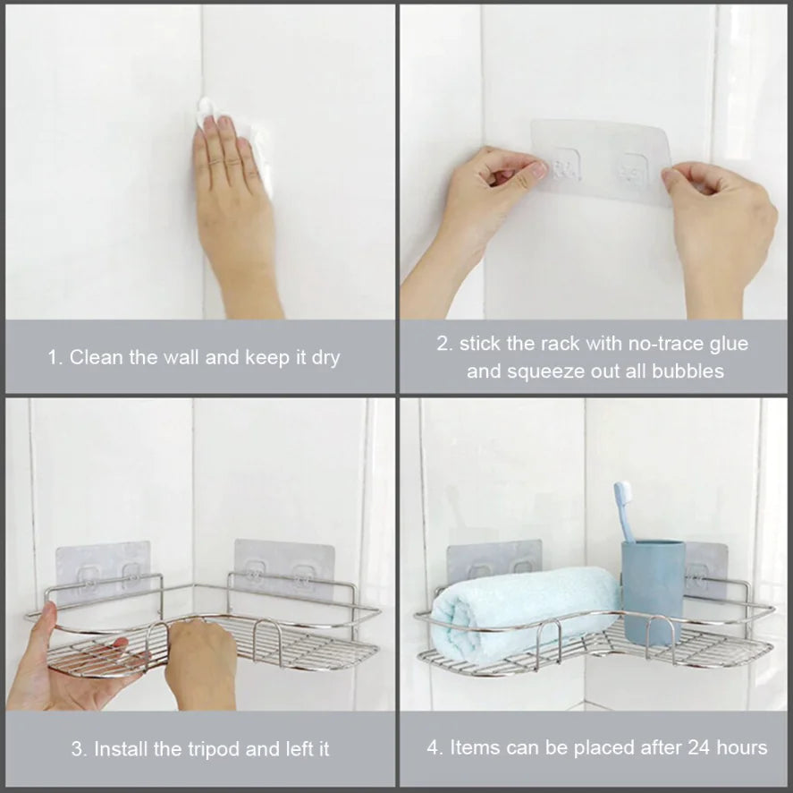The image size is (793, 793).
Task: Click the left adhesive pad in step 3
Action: pyautogui.click(x=102, y=564)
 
